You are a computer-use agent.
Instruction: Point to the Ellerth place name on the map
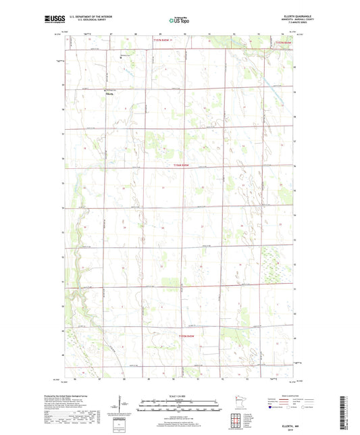click(110, 95)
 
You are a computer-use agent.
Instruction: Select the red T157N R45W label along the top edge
click(161, 41)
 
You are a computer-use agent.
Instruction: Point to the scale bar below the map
click(179, 409)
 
